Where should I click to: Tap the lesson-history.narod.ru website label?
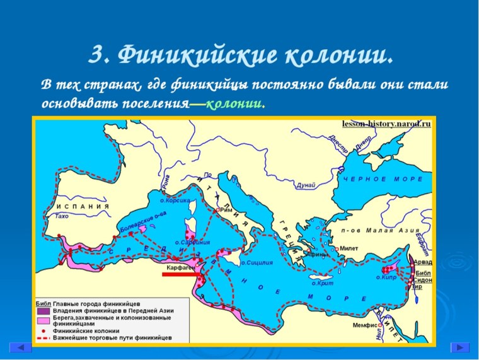pyautogui.click(x=386, y=124)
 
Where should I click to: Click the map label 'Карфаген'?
pyautogui.click(x=180, y=268)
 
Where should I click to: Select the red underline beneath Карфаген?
pyautogui.click(x=181, y=274)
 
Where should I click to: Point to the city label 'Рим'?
pyautogui.click(x=228, y=210)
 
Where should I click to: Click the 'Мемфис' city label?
pyautogui.click(x=366, y=325)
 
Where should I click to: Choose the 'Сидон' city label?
pyautogui.click(x=423, y=278)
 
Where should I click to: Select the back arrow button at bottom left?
pyautogui.click(x=21, y=347)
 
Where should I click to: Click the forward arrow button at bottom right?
pyautogui.click(x=459, y=347)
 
